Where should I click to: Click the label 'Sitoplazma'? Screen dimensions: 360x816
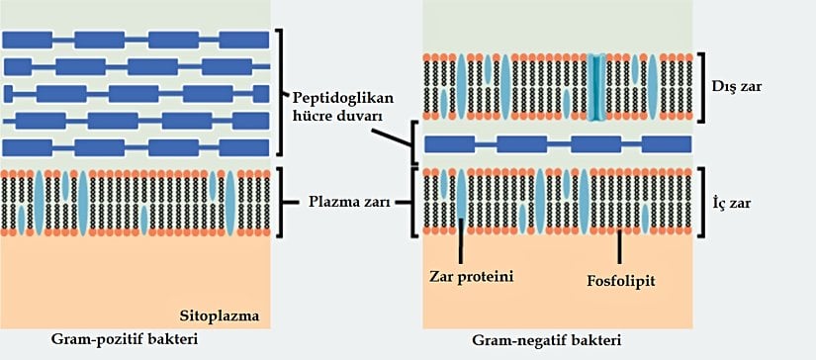219,316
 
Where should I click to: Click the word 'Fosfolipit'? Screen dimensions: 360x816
621,280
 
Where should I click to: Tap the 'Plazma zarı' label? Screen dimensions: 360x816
345,202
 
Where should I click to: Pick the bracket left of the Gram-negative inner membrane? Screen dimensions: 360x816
415,203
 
